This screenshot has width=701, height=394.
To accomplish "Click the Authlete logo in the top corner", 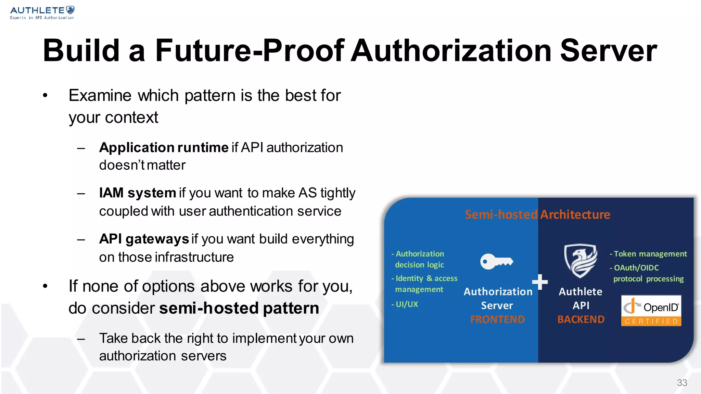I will pos(42,13).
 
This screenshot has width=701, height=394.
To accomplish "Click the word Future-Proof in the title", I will pos(249,51).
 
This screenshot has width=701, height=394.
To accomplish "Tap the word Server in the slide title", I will pos(608,51).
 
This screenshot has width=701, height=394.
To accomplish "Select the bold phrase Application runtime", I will pos(164,148).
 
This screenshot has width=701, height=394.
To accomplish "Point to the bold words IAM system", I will pos(137,193).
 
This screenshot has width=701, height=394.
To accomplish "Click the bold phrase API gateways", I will pos(144,239).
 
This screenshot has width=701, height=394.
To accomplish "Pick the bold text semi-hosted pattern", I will pos(239,308).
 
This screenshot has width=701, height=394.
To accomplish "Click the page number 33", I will pos(682,383).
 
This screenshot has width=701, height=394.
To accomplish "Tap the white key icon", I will pos(496,262).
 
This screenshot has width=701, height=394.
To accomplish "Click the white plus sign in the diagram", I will pos(540,282).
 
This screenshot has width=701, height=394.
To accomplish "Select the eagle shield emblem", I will pos(581,261).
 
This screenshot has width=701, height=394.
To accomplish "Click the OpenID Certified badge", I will pos(651,311).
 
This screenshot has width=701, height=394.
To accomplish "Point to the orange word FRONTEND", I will pos(497,319).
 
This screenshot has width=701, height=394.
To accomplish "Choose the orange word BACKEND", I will pos(581,319).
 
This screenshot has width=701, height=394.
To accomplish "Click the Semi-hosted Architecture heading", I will pos(537,214).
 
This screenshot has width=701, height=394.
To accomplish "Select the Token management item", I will pos(650,254).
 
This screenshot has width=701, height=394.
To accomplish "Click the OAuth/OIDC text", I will pos(636,268).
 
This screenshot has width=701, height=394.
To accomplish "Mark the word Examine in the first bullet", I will pos(100,95).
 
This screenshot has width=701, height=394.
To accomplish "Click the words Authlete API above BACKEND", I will pos(581,298).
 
